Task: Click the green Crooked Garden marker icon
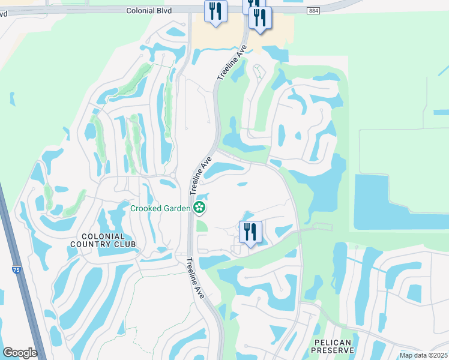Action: coord(199,208)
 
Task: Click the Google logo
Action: coord(20,353)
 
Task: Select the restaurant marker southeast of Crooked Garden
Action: coord(250,232)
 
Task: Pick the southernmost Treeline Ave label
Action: coord(196,275)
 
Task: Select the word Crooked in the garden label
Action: coord(146,208)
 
